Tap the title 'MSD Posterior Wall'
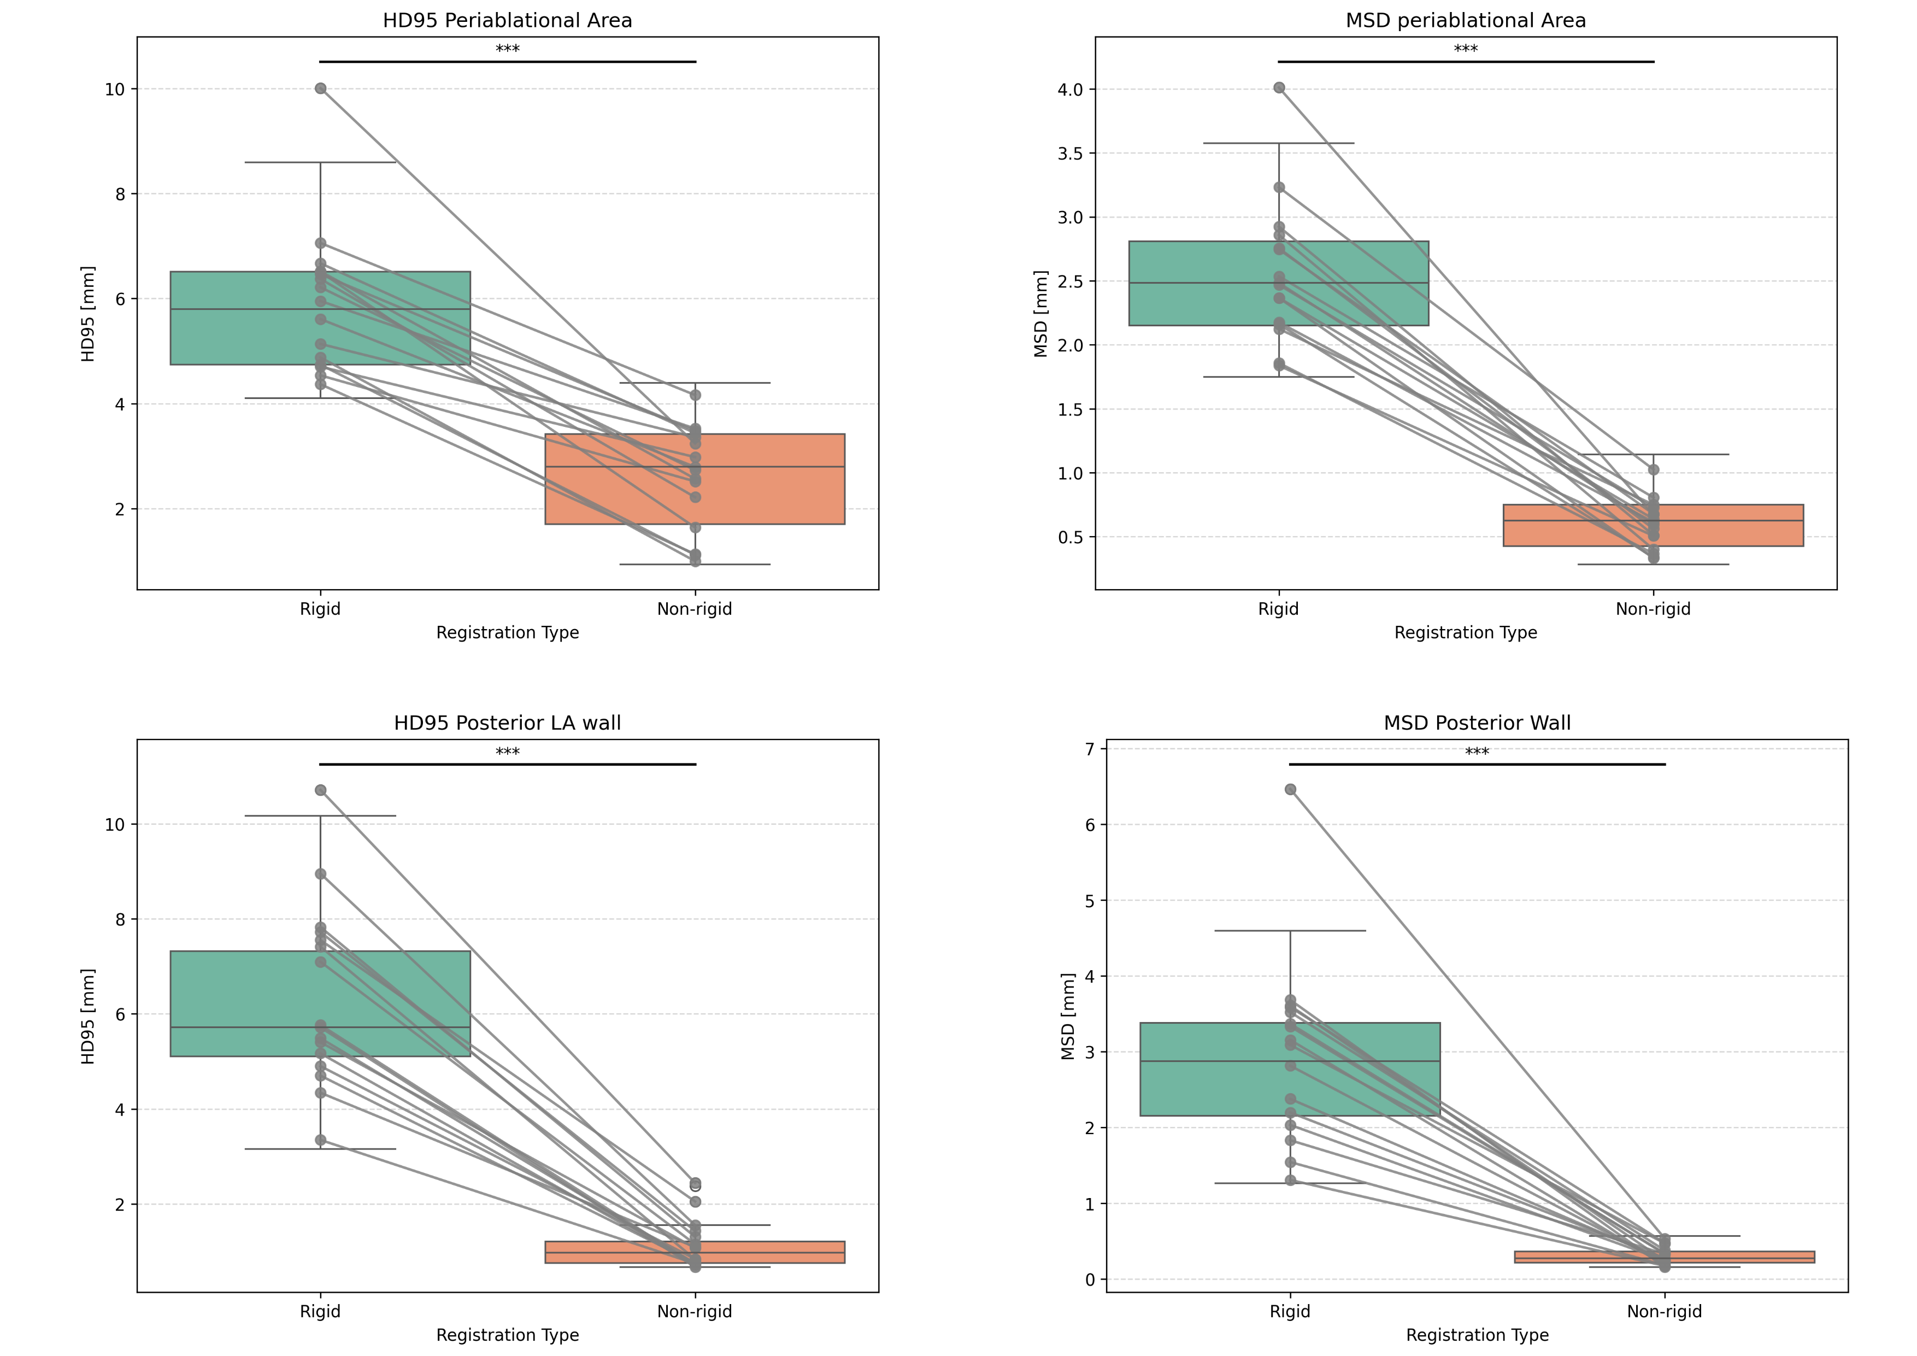[x=1477, y=723]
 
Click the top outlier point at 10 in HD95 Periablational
[x=321, y=89]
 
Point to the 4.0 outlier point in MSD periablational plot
[x=1279, y=87]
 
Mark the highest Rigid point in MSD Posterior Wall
[x=1290, y=789]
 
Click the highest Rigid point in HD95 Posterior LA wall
[x=321, y=790]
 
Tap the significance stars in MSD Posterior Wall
[x=1477, y=752]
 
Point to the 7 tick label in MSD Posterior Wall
[x=1090, y=749]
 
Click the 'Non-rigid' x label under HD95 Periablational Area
[x=694, y=609]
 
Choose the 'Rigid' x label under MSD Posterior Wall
[x=1290, y=1312]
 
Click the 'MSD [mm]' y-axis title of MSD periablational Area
[x=1040, y=314]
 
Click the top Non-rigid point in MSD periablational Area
[x=1653, y=470]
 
